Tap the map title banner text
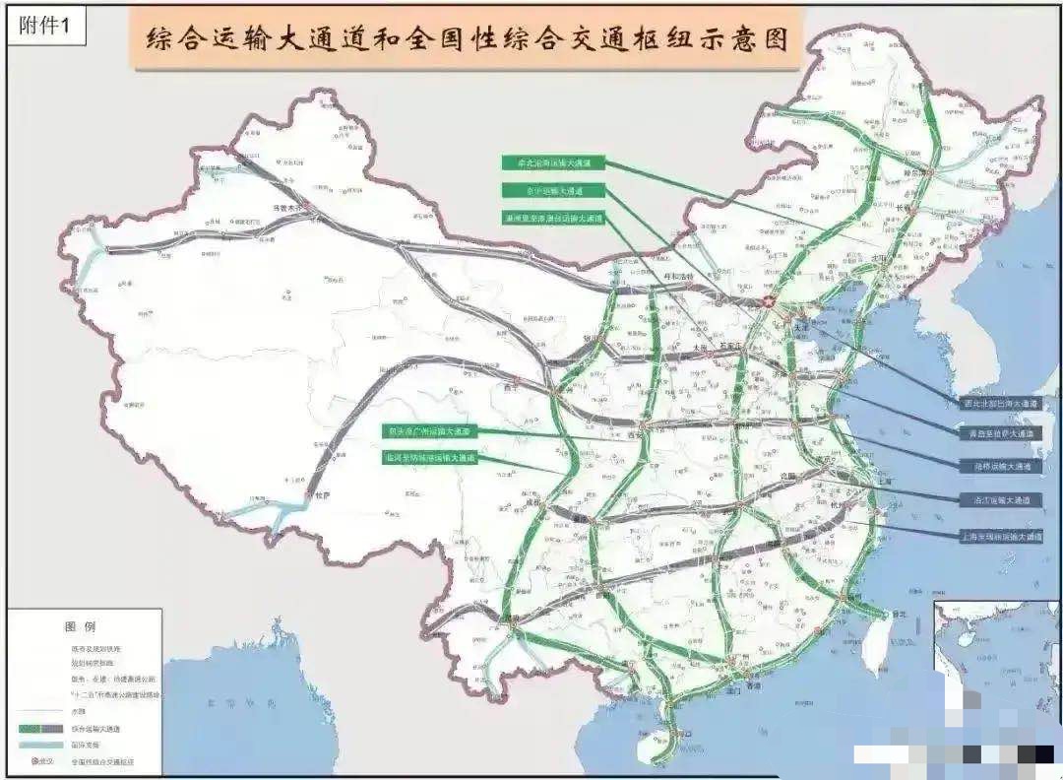pos(467,40)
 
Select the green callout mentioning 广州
pos(429,431)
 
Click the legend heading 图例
pos(81,626)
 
